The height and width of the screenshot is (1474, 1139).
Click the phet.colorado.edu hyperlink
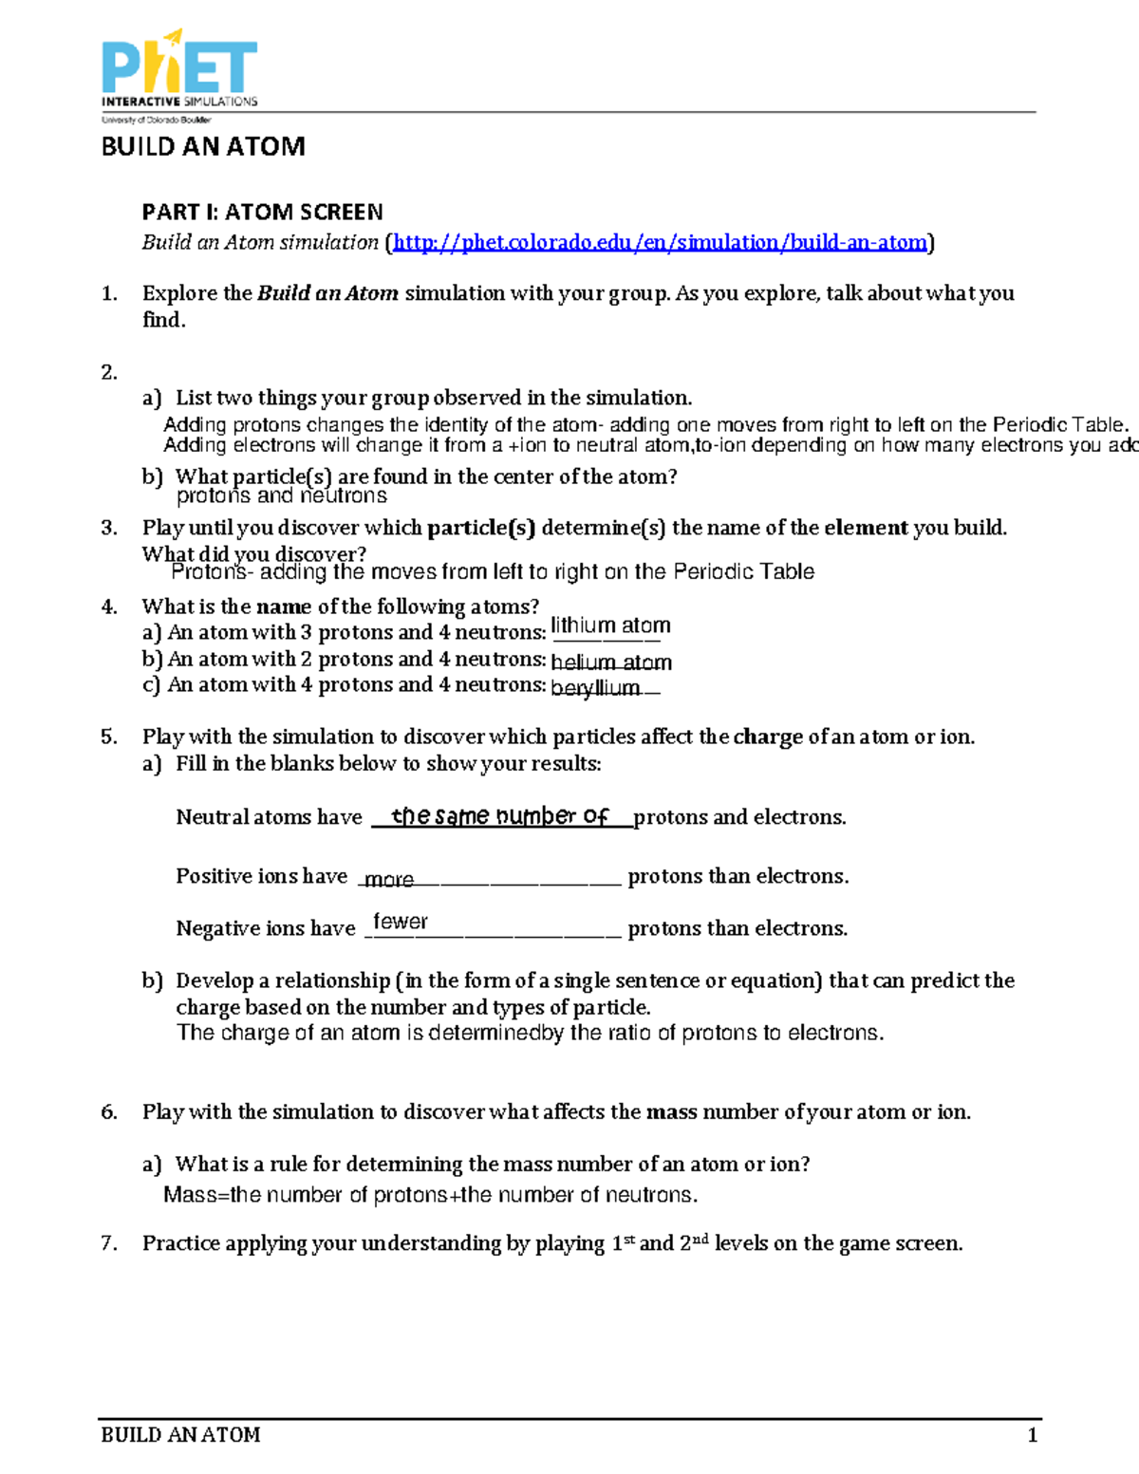pos(659,243)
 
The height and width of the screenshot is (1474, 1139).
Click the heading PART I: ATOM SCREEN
pos(262,212)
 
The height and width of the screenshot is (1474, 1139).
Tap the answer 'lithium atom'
pos(610,625)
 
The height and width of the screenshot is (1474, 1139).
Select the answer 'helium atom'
pos(610,662)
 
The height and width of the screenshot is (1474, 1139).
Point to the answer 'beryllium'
pos(595,688)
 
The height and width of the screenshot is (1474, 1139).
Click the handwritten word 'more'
pos(389,880)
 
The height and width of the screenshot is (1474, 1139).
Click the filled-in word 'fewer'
pos(400,922)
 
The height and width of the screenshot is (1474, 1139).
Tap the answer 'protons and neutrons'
pos(281,495)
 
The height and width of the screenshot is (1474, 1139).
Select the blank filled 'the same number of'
pos(499,816)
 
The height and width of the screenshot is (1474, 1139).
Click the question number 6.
pos(109,1112)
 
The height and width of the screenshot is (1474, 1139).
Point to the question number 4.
pos(109,606)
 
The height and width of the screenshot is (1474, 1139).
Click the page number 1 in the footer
pos(1033,1435)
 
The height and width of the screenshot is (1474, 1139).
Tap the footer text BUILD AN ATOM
pos(180,1435)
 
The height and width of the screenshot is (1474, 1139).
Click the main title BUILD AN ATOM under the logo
pos(203,146)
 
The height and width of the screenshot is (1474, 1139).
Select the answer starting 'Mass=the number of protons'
pos(430,1195)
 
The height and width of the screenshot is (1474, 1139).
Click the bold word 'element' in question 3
pos(866,528)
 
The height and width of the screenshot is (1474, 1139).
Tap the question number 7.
pos(109,1243)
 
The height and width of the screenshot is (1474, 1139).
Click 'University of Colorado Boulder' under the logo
pos(157,121)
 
